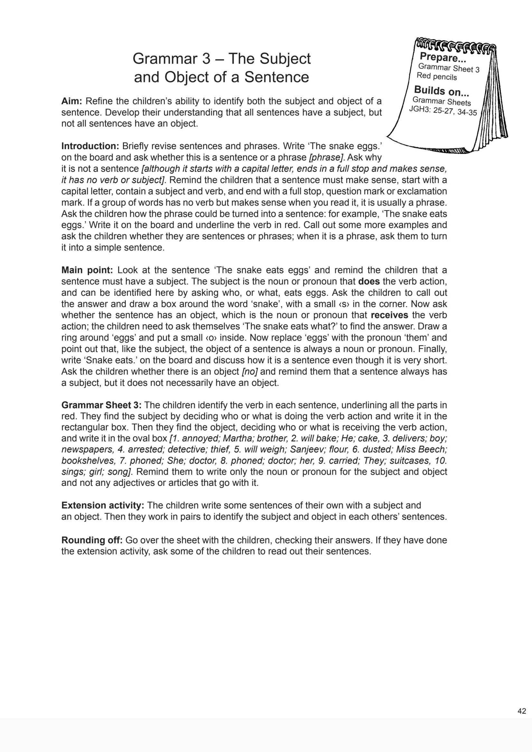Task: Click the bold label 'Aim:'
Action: click(71, 101)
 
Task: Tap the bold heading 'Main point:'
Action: click(87, 270)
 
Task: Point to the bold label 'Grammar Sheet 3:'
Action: click(101, 405)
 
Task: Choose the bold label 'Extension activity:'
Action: click(103, 505)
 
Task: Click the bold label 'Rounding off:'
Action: click(92, 540)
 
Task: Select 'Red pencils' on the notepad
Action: click(437, 76)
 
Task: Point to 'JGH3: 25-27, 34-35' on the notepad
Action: click(443, 111)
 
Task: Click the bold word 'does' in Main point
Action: click(369, 281)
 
